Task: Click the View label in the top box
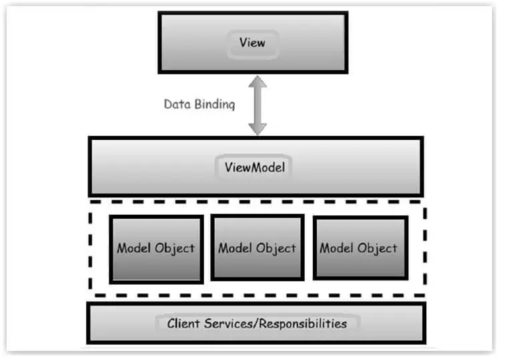(x=252, y=43)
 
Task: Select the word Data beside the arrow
(x=177, y=104)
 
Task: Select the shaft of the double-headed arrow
(x=258, y=106)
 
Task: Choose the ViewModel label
(x=256, y=167)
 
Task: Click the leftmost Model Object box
(x=156, y=249)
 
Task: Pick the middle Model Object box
(x=258, y=247)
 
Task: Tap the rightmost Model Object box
(x=360, y=247)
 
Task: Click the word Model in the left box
(x=135, y=249)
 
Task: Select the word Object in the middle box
(x=278, y=249)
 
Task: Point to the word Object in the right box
(x=379, y=249)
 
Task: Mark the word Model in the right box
(x=338, y=249)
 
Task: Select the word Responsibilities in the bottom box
(x=302, y=325)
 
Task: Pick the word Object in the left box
(x=176, y=249)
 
